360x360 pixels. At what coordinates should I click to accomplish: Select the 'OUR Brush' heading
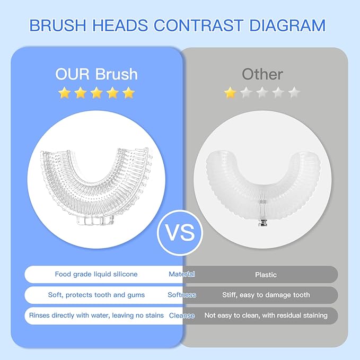(96, 74)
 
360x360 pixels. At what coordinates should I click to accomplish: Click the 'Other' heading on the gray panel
(262, 74)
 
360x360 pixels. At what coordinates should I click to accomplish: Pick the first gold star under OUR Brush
(64, 93)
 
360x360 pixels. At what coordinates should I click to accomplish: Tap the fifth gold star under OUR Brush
(129, 93)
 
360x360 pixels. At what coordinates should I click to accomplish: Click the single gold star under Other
(230, 93)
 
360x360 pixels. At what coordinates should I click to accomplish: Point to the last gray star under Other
(295, 93)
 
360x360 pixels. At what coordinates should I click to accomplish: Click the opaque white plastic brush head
(262, 170)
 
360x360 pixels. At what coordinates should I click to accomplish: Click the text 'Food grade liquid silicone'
(96, 274)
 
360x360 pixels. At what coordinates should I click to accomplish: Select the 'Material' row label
(182, 274)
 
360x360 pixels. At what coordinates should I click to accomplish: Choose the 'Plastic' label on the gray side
(266, 275)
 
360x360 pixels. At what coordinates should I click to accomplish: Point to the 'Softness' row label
(182, 295)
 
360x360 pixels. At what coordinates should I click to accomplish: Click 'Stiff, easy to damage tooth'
(266, 295)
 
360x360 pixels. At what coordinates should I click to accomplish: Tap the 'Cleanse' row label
(182, 315)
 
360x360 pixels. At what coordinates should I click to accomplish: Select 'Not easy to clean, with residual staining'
(266, 315)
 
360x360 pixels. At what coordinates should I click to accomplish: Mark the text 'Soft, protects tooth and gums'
(96, 295)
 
